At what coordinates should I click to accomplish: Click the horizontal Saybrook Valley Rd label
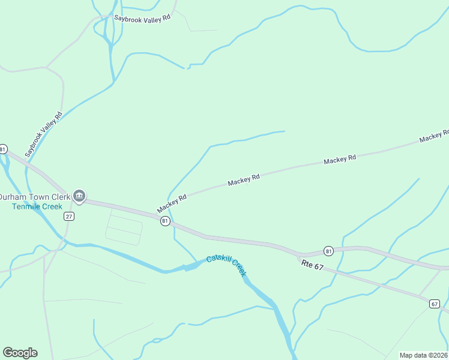tap(143, 18)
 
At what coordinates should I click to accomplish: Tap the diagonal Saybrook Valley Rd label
tap(44, 135)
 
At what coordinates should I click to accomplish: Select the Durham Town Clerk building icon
tap(79, 196)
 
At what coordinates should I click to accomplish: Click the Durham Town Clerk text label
tap(34, 197)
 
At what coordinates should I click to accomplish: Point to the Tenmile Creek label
tap(37, 206)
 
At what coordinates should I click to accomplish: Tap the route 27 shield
tap(69, 216)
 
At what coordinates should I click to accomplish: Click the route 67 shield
tap(434, 304)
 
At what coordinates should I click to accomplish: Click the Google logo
tap(20, 353)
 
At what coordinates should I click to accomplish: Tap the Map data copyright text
tap(424, 355)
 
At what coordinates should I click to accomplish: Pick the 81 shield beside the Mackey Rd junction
tap(165, 221)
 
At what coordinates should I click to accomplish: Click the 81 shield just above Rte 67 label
tap(328, 250)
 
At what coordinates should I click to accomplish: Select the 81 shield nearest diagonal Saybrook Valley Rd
tap(3, 149)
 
